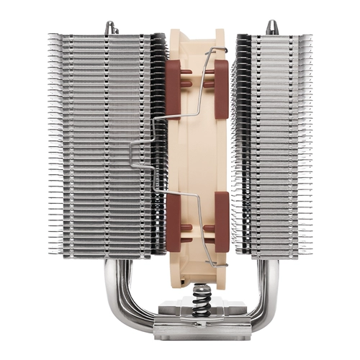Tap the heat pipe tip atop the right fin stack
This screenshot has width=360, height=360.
[271, 27]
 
